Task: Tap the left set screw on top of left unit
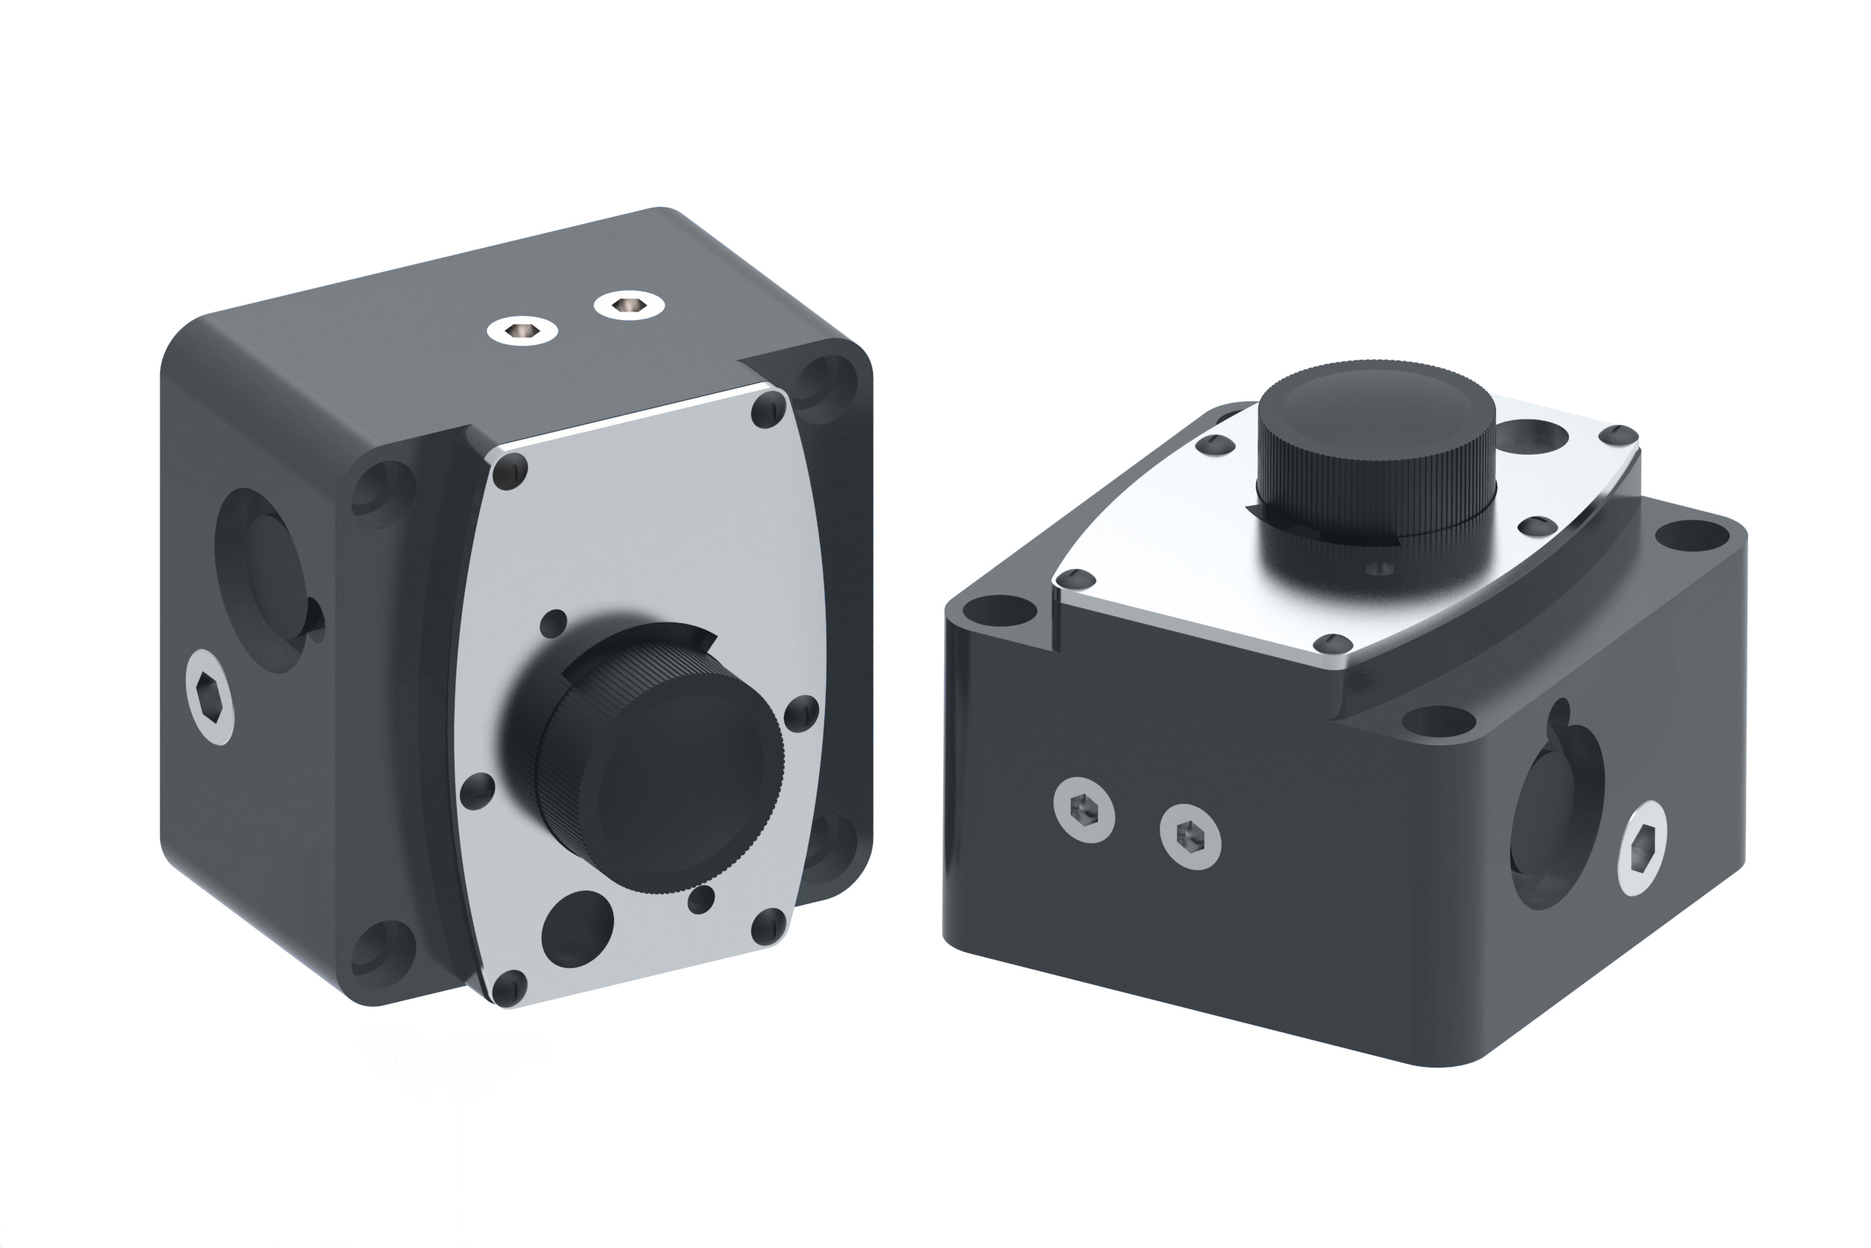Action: click(x=522, y=329)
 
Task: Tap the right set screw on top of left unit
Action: click(x=629, y=305)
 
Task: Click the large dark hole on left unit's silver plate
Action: click(x=577, y=928)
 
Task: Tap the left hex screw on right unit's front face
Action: click(x=1083, y=811)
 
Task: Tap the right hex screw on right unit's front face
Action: click(x=1190, y=836)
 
